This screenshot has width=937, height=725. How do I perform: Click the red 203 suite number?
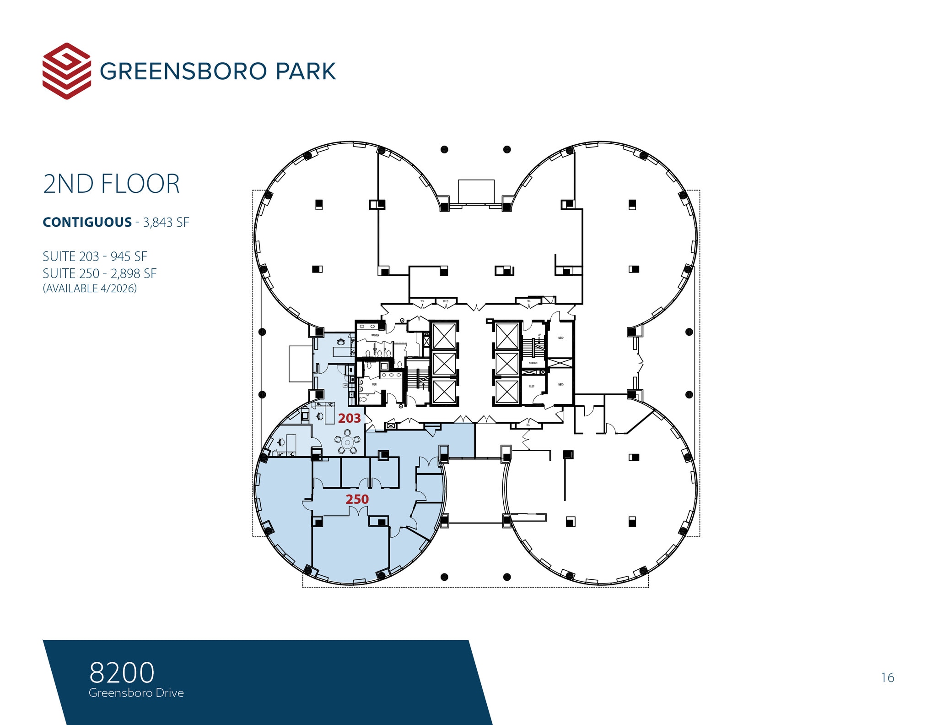coord(350,418)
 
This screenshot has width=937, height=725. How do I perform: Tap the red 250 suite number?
coord(357,499)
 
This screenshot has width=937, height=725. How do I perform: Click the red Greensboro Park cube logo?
coord(66,71)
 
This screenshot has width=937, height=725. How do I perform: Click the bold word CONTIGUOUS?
coord(87,223)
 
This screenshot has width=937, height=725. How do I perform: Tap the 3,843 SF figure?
coord(166,223)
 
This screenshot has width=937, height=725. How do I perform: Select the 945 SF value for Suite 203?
coord(129,256)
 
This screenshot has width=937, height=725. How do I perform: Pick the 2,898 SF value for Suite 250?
coord(134,273)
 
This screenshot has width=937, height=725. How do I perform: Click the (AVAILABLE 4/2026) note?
coord(90,289)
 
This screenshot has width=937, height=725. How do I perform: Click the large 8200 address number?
coord(122,672)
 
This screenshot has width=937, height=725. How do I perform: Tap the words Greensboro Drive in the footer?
coord(136,693)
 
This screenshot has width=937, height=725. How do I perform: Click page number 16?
coord(887,678)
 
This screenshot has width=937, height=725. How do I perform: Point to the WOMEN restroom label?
coord(375,335)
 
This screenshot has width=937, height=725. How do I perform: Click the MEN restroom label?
coord(374,384)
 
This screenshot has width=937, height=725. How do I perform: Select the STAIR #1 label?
coord(533,363)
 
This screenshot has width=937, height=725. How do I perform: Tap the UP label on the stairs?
coord(539,335)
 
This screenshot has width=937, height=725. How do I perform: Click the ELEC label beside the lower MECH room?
coord(532,386)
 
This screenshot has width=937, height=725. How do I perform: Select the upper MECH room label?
coord(561,338)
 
